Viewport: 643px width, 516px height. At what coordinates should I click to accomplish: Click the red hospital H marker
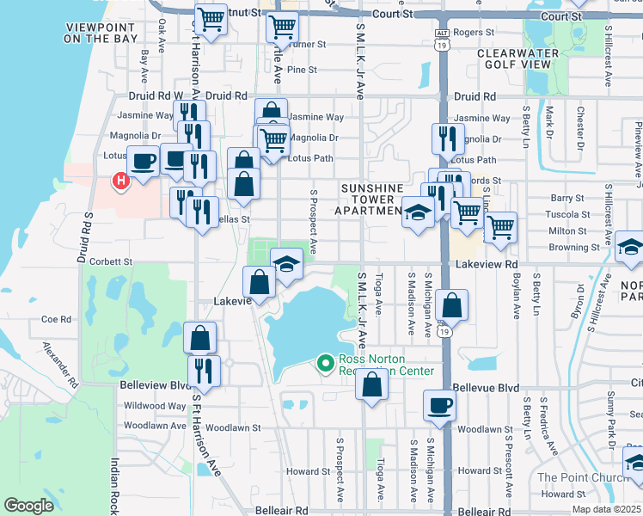pos(120,181)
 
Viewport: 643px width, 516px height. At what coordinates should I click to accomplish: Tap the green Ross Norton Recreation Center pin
pos(325,365)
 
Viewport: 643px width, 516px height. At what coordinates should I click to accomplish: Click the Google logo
pos(29,506)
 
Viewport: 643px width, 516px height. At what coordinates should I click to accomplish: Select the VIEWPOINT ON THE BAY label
pos(101,34)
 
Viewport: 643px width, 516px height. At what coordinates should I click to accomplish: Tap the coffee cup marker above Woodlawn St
pos(438,404)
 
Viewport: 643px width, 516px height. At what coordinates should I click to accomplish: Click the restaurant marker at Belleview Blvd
pos(204,370)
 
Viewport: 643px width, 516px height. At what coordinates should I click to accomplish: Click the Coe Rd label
pos(55,318)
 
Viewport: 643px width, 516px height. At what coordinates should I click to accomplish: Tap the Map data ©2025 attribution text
pos(605,509)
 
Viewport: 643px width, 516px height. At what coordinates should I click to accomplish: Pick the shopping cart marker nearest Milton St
pos(499,227)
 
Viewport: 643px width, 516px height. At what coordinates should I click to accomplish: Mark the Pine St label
pos(303,70)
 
